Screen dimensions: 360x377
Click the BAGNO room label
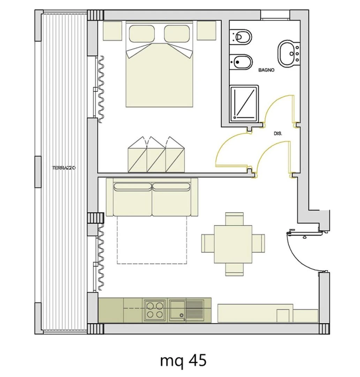pyautogui.click(x=266, y=70)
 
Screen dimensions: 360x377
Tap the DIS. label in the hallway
pyautogui.click(x=278, y=133)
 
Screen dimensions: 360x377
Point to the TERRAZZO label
pyautogui.click(x=64, y=168)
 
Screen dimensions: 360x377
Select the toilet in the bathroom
pyautogui.click(x=240, y=37)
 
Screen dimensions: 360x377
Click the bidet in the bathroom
pyautogui.click(x=241, y=62)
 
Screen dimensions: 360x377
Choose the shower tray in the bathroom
pyautogui.click(x=244, y=103)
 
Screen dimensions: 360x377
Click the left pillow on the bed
pyautogui.click(x=142, y=34)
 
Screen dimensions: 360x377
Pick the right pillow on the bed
pyautogui.click(x=177, y=34)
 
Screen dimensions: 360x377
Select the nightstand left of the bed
pyautogui.click(x=112, y=30)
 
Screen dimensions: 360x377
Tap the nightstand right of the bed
pyautogui.click(x=207, y=30)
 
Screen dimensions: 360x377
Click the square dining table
pyautogui.click(x=233, y=244)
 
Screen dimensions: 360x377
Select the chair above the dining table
pyautogui.click(x=234, y=219)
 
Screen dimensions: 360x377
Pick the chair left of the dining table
pyautogui.click(x=208, y=243)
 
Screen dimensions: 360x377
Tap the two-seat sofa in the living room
pyautogui.click(x=152, y=197)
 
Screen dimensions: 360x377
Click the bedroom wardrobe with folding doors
pyautogui.click(x=156, y=155)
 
